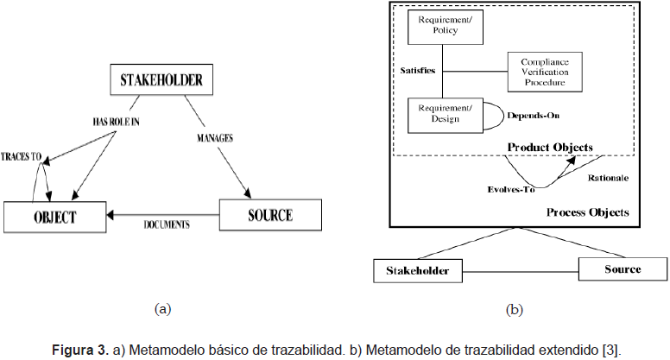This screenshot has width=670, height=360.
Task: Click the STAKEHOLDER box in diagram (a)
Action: (161, 82)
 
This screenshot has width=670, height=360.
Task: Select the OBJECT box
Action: (54, 216)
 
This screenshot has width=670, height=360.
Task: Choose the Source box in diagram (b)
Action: (622, 269)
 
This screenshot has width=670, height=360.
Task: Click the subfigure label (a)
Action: (162, 307)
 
